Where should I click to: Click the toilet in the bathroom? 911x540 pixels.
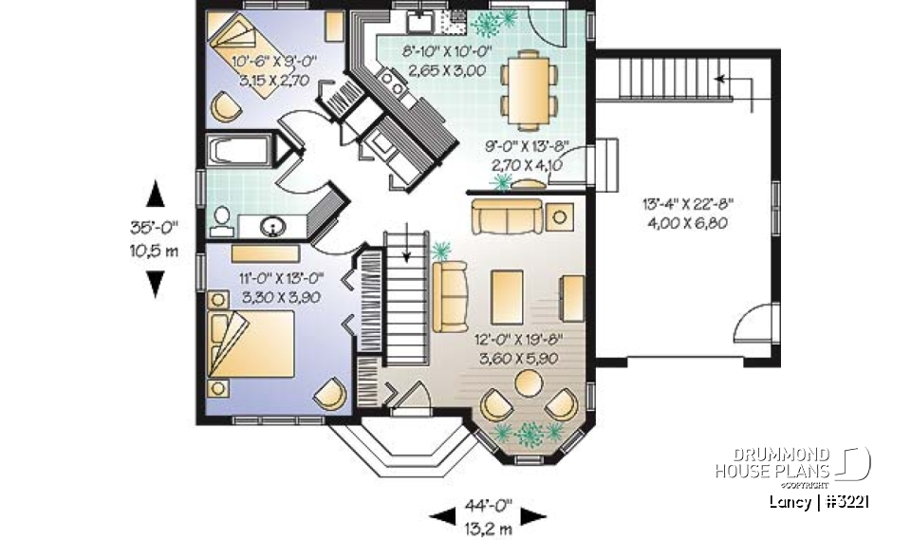click(221, 220)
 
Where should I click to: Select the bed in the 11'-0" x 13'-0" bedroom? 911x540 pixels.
click(251, 344)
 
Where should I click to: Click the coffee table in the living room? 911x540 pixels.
click(507, 295)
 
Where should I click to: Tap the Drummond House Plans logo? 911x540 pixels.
click(792, 463)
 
